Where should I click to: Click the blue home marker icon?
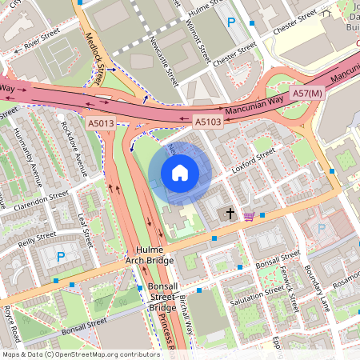tap(180, 173)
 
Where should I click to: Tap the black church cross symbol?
tap(231, 214)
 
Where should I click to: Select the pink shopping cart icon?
tap(249, 215)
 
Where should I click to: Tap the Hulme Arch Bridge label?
tap(150, 254)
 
